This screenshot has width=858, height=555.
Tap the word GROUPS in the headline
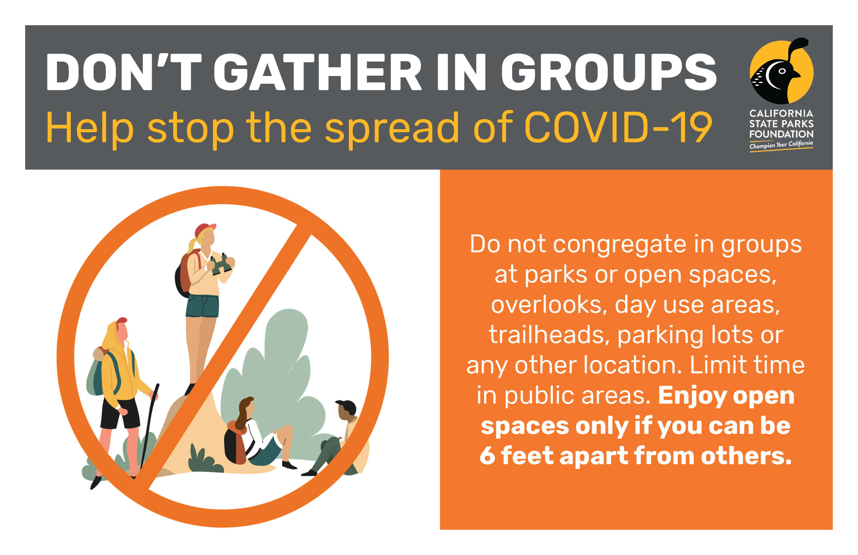(609, 72)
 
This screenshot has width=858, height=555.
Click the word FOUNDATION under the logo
(781, 134)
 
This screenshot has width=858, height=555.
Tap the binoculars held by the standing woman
(221, 264)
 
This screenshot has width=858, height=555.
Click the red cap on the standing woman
(205, 229)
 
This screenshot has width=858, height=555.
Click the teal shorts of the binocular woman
(202, 306)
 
